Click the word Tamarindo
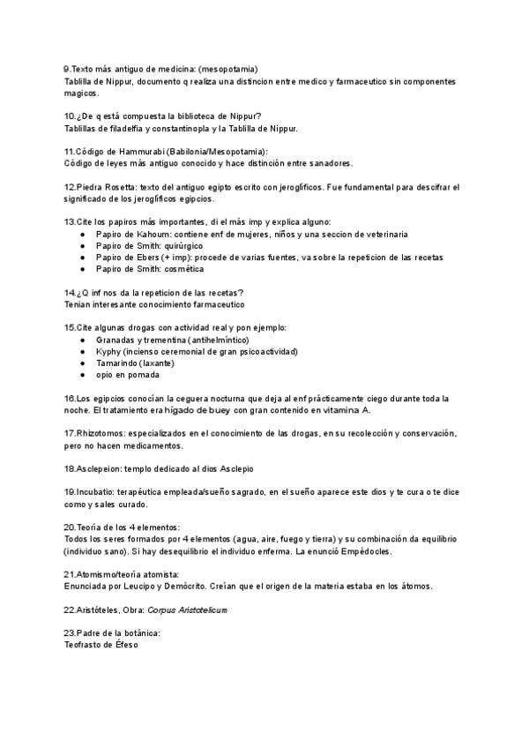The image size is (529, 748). click(120, 363)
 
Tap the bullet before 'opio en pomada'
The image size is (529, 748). click(82, 374)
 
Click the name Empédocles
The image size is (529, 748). click(362, 551)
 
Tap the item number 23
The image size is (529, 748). click(71, 633)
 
